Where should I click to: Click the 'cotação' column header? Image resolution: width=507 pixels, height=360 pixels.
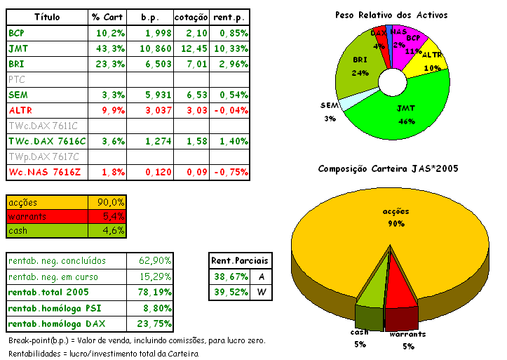click(191, 16)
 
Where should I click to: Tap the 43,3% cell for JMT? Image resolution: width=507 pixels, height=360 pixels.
click(109, 48)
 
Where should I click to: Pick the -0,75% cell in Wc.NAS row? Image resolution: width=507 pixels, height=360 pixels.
click(229, 172)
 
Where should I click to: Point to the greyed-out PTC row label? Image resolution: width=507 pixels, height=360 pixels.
click(17, 79)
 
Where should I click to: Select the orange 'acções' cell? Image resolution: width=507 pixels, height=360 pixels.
click(46, 202)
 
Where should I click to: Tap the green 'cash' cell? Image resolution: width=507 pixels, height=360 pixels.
click(46, 230)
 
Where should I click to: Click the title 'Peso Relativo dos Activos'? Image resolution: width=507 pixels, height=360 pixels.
click(391, 15)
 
